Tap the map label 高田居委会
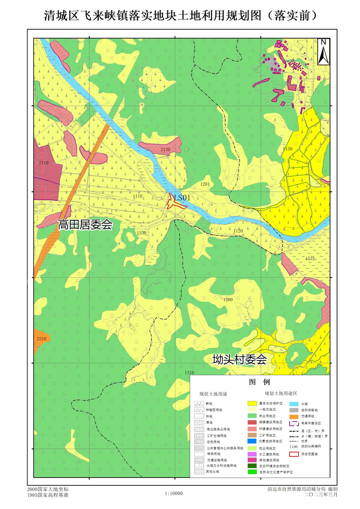(x=85, y=224)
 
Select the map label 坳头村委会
(x=240, y=360)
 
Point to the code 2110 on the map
(x=43, y=162)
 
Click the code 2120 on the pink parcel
(x=165, y=149)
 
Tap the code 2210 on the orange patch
(x=41, y=338)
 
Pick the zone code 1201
(x=205, y=184)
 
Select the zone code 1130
(x=288, y=149)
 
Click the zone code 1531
(x=310, y=258)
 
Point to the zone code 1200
(x=228, y=299)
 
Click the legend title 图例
(x=259, y=382)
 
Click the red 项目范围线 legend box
(x=294, y=454)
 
